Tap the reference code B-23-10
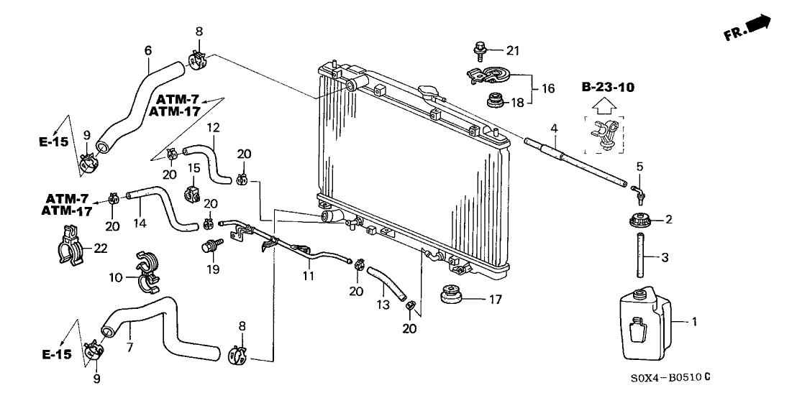609,88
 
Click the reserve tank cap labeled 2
639,221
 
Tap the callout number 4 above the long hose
555,129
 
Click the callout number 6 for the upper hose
148,50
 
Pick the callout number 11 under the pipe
309,276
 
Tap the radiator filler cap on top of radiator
431,93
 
